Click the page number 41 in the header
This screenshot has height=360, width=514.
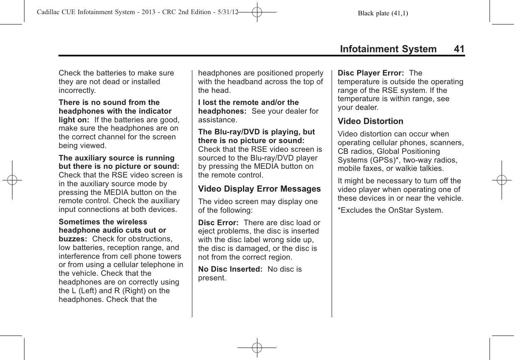tap(459, 49)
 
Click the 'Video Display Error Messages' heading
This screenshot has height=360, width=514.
tap(259, 189)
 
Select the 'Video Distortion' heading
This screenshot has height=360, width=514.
tap(371, 122)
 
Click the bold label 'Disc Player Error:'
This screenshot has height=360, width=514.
tap(371, 73)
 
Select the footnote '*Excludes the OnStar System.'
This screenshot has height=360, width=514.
tap(390, 210)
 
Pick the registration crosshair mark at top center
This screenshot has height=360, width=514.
tap(257, 12)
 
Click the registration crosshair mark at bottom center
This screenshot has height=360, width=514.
tap(257, 347)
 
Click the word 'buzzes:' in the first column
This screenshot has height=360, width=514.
tap(73, 239)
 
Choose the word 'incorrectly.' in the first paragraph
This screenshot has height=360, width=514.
tap(78, 90)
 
